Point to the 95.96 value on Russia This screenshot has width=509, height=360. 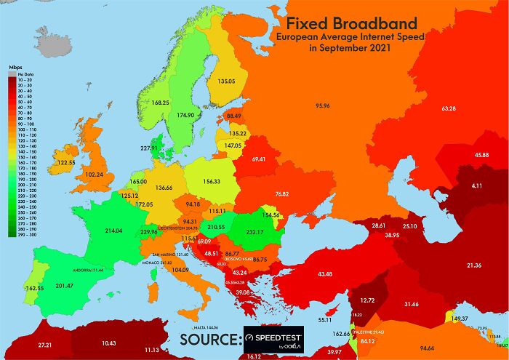(322, 106)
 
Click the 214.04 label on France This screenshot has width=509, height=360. (113, 230)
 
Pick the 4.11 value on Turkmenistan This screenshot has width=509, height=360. (477, 186)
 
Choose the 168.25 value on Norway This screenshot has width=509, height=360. (160, 103)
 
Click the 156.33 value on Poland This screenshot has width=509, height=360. (212, 181)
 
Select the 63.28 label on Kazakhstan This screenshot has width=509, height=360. (449, 108)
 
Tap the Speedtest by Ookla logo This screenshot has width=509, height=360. (275, 340)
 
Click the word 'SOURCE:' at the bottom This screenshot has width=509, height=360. (210, 340)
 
